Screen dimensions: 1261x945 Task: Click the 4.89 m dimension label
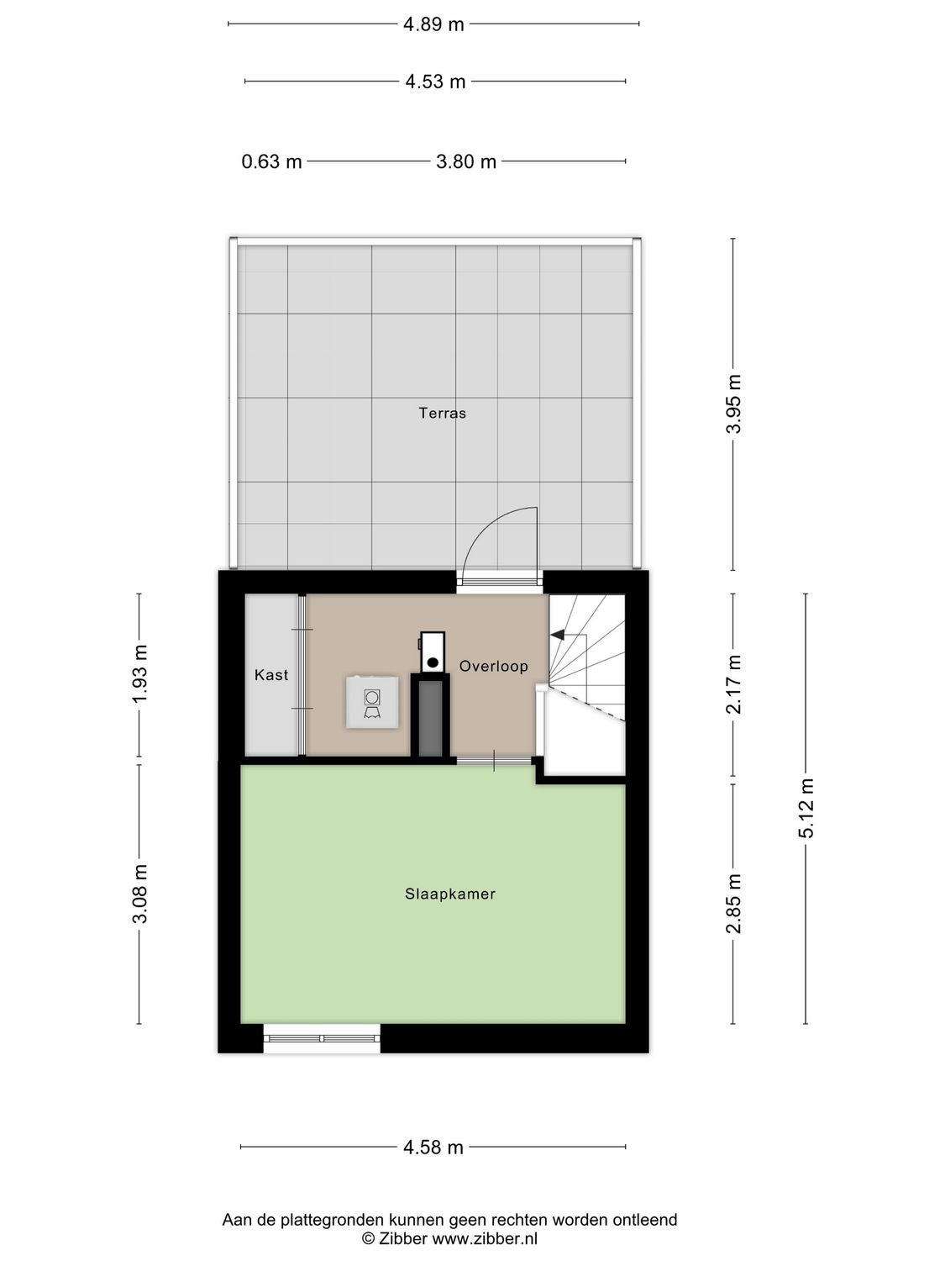(x=433, y=24)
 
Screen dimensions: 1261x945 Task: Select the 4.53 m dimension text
(x=435, y=82)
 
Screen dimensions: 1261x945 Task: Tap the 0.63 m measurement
(x=271, y=161)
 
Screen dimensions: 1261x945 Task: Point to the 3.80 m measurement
(x=465, y=161)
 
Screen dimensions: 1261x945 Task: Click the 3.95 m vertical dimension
(x=733, y=404)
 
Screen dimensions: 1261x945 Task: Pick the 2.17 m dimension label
(x=733, y=683)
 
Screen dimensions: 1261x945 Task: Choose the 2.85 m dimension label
(x=733, y=904)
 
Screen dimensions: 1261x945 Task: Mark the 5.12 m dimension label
(x=806, y=808)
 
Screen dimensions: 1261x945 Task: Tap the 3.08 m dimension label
(x=139, y=894)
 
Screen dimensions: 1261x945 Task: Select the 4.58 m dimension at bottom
(x=433, y=1148)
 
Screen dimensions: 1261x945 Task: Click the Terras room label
(x=442, y=413)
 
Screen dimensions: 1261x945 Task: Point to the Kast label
(x=271, y=674)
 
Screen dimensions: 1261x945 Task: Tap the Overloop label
(x=493, y=666)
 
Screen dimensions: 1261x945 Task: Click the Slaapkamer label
(x=450, y=894)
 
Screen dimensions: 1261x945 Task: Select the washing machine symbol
(x=372, y=703)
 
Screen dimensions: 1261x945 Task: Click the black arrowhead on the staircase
(x=557, y=636)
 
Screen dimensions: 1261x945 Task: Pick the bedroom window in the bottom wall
(x=322, y=1038)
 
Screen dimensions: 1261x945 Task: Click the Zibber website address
(x=485, y=1238)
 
